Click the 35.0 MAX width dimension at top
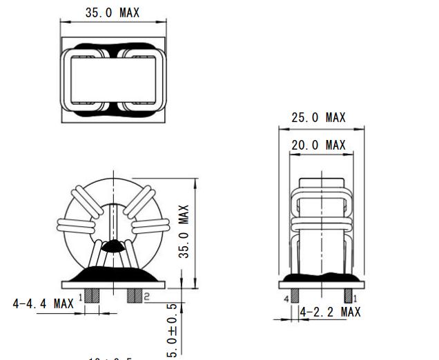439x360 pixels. [111, 12]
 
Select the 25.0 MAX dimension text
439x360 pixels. [318, 118]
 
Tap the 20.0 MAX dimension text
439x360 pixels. [318, 145]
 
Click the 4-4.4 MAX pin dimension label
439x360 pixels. [43, 303]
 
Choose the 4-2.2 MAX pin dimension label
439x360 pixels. [331, 312]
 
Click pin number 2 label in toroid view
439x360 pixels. [146, 296]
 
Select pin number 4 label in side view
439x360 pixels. [285, 299]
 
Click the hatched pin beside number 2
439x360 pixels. [134, 295]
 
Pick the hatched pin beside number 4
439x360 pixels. [295, 294]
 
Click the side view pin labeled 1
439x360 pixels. [349, 294]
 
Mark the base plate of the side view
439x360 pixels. [322, 283]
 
